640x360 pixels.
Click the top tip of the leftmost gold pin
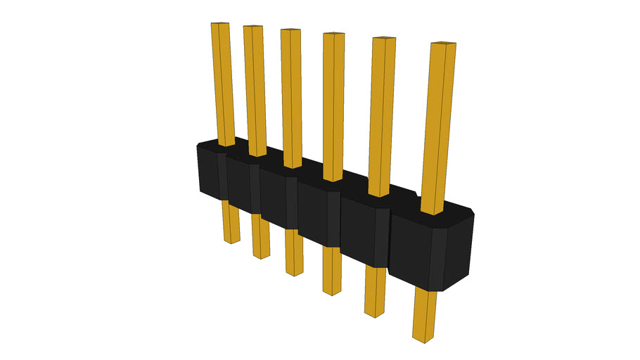[220, 24]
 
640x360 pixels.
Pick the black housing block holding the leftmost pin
[212, 172]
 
